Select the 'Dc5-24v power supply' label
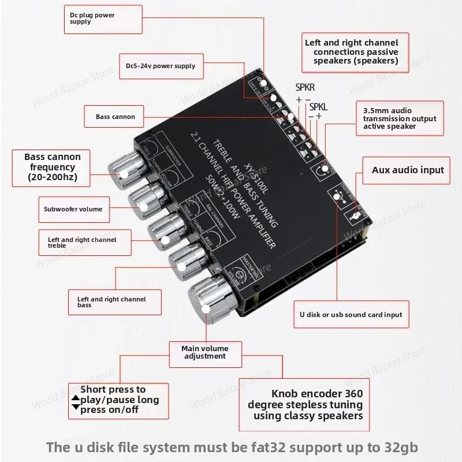point(160,66)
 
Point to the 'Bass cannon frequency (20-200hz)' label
point(52,167)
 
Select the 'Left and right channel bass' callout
point(111,301)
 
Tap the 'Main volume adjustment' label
point(204,352)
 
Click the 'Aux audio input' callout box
point(407,170)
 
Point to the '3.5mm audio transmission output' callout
point(399,118)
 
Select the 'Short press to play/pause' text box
point(118,400)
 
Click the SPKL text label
point(318,107)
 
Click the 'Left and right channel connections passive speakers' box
point(352,51)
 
